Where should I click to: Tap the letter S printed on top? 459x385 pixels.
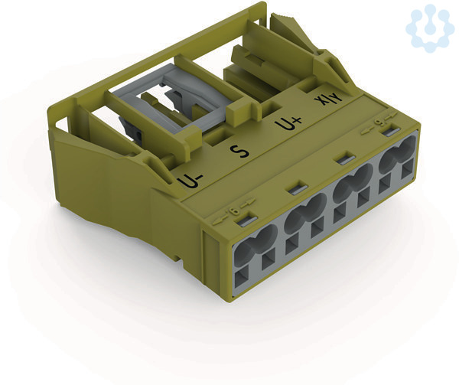click(x=239, y=152)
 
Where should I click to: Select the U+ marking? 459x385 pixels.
click(x=289, y=123)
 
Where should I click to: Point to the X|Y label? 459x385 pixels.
click(x=328, y=101)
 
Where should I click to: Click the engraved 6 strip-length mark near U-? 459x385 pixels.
click(x=234, y=211)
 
